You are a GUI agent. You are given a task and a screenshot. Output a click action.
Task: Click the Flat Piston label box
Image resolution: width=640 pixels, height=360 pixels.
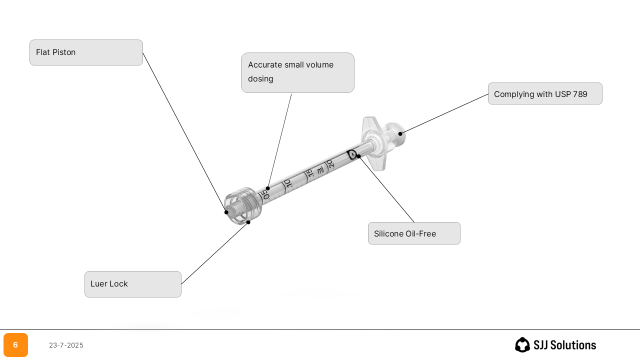86,52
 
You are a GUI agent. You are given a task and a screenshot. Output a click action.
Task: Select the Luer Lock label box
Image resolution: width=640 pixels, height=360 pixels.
132,284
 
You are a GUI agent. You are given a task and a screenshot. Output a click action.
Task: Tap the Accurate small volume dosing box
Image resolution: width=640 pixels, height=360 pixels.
297,72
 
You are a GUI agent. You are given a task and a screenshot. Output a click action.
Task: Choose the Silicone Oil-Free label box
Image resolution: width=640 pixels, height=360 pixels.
414,233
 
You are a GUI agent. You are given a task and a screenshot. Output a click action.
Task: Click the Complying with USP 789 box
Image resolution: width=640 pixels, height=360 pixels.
545,93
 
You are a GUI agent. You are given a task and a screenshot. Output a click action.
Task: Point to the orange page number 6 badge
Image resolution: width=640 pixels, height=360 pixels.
15,345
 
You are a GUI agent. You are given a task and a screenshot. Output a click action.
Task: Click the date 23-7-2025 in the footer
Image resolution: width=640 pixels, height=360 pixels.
66,345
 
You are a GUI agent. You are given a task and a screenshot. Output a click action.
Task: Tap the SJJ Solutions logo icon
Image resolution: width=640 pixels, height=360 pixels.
522,345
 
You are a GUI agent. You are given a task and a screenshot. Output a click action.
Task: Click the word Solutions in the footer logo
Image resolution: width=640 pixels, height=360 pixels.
571,345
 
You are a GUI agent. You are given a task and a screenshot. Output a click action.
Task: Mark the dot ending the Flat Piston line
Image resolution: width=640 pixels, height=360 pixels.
226,212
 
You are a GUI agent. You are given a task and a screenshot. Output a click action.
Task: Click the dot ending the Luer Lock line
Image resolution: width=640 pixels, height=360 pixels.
248,222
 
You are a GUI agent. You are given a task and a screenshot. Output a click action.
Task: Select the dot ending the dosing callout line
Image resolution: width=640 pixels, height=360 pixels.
268,188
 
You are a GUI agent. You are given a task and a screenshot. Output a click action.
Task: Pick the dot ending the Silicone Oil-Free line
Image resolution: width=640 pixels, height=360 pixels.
359,156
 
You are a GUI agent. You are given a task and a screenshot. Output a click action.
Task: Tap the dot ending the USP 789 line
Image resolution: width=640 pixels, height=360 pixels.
400,134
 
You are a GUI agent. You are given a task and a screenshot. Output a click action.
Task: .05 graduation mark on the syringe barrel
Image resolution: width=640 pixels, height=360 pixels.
265,194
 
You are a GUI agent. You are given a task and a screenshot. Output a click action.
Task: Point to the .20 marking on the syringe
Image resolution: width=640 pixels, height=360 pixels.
330,164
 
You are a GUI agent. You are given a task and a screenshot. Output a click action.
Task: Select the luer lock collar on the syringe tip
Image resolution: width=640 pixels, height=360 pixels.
243,206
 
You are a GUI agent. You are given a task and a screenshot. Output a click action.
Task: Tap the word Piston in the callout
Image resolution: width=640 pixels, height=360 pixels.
64,52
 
